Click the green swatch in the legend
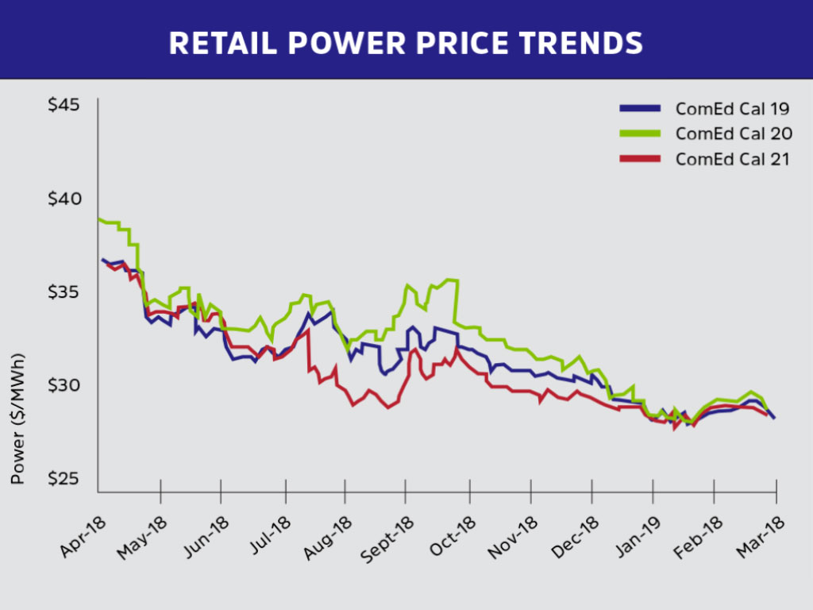pyautogui.click(x=639, y=133)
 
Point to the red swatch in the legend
pyautogui.click(x=639, y=158)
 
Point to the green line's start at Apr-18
pyautogui.click(x=99, y=219)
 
